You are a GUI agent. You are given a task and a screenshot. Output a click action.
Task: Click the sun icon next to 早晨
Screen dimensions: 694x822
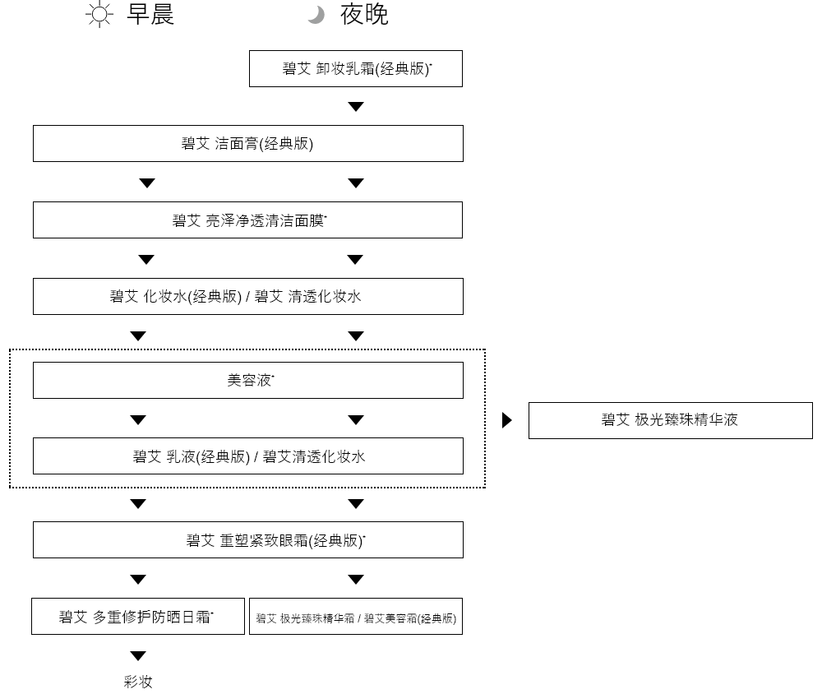click(99, 16)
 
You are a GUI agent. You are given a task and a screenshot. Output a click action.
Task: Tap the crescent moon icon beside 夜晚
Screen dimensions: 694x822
click(316, 16)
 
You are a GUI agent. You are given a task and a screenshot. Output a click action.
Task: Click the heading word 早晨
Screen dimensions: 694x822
click(150, 16)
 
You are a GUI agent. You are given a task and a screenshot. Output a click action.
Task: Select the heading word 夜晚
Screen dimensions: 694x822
click(364, 16)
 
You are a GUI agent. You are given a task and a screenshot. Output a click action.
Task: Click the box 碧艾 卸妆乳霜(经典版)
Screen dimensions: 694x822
click(356, 69)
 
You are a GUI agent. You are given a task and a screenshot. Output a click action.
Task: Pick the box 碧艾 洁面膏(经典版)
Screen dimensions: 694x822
click(247, 143)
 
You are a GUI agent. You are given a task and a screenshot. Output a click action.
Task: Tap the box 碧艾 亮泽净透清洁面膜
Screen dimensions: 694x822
click(247, 220)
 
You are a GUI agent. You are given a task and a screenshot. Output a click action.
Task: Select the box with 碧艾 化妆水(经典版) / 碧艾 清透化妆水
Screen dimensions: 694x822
click(247, 296)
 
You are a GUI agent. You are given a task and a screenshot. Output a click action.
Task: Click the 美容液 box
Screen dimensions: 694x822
click(247, 381)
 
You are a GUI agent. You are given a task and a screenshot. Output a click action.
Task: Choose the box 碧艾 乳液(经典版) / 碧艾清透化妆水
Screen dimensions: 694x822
click(247, 456)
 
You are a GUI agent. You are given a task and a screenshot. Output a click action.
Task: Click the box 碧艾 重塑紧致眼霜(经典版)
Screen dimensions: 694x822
click(247, 540)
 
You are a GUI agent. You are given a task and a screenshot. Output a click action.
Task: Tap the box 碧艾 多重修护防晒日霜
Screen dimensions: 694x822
click(138, 617)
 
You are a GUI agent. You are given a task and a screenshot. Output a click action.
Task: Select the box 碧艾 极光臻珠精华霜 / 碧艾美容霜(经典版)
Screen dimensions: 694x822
click(356, 617)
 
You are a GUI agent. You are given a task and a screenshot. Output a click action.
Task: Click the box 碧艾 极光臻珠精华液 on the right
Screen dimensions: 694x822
click(670, 420)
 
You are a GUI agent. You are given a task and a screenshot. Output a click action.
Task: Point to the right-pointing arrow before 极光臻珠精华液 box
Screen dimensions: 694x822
click(507, 420)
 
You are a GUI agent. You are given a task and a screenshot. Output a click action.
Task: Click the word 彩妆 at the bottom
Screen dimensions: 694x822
click(138, 682)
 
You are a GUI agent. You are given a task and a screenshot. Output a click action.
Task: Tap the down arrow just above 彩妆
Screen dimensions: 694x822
click(138, 655)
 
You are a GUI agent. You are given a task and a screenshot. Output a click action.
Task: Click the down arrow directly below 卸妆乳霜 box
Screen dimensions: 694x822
click(356, 107)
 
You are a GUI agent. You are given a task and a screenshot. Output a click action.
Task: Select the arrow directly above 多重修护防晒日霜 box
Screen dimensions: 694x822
click(138, 579)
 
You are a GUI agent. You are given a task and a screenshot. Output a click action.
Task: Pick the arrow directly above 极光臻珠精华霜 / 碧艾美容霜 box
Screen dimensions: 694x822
click(356, 579)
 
